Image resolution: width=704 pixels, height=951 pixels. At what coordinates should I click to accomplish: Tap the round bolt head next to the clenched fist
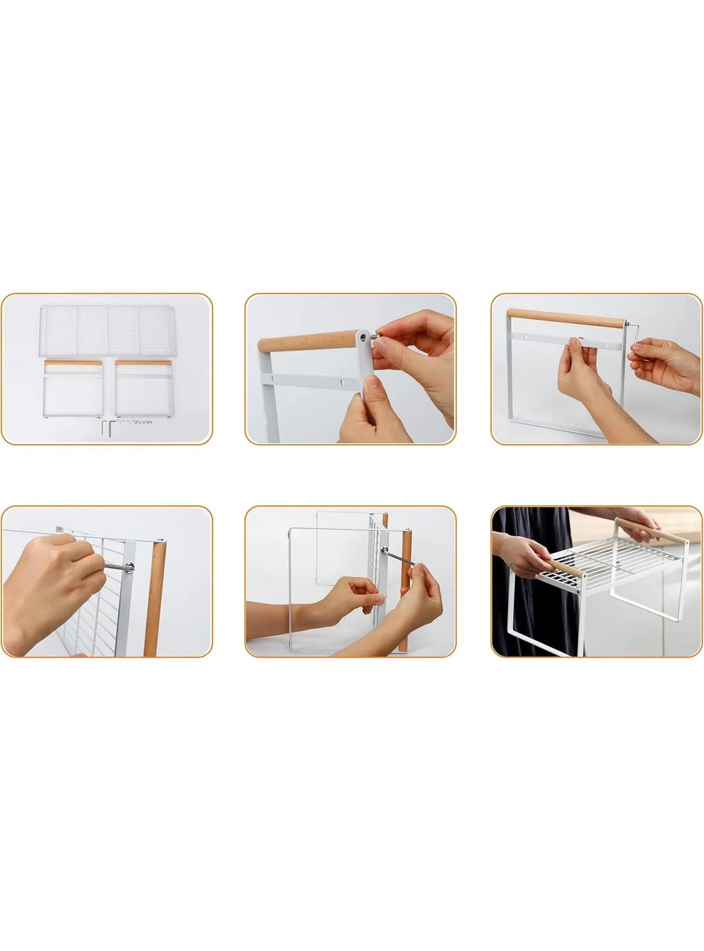[x=129, y=566]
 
